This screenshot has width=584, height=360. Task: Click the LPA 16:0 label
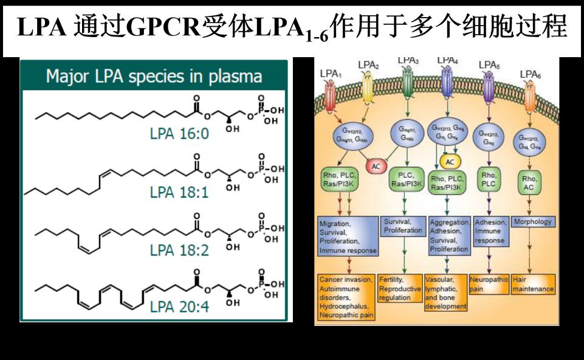[179, 132]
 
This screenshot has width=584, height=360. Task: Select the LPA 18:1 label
[179, 192]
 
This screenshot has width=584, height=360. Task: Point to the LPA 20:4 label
[179, 306]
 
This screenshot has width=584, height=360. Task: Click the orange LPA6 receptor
[529, 94]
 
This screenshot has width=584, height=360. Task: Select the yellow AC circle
[450, 162]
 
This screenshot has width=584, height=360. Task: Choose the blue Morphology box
[532, 222]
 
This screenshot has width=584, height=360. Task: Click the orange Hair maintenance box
[533, 285]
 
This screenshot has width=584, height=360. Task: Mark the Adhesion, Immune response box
[490, 231]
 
